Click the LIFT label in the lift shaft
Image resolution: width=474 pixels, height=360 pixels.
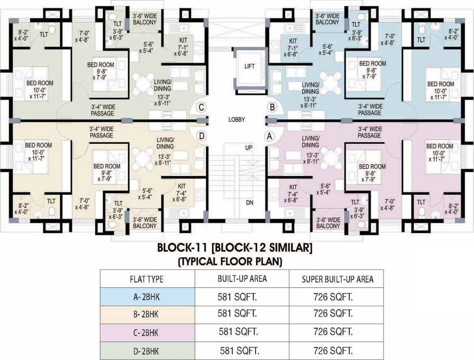pos(249,66)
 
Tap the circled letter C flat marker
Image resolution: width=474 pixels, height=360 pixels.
pos(201,107)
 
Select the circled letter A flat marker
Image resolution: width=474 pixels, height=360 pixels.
pos(269,136)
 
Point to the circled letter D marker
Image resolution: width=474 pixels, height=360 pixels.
pos(201,136)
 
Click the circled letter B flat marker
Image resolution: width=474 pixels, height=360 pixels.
pos(272,107)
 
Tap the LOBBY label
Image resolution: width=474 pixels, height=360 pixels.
pos(237,119)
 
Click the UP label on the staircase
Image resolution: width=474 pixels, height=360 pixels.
pos(248,148)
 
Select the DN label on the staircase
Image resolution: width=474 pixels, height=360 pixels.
pos(249,203)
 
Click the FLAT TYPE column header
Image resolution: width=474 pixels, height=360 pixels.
pos(147,279)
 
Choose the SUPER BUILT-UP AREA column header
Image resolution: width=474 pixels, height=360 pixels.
pos(337,279)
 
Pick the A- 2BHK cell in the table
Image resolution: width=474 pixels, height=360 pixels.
pos(147,297)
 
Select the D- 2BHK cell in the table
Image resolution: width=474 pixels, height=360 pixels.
pos(146,351)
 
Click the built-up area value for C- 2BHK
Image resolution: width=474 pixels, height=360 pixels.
pos(239,332)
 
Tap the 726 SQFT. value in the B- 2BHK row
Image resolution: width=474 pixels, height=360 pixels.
pos(333,313)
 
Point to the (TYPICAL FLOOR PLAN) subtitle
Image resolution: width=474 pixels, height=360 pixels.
pos(230,262)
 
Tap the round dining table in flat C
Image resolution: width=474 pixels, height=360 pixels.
pos(142,83)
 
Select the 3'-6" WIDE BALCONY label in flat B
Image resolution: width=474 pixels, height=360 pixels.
pos(327,19)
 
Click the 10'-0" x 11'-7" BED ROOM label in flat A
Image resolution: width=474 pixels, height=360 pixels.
pos(440,152)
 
